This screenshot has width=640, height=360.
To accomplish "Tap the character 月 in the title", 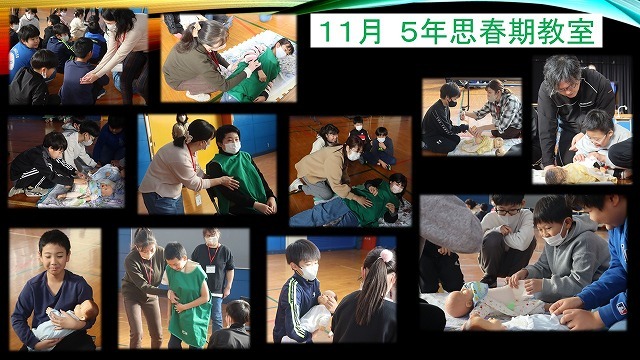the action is point(368,33).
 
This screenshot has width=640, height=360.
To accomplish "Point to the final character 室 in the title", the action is point(582,33).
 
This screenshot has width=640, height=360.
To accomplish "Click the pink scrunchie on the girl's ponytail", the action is point(386,256).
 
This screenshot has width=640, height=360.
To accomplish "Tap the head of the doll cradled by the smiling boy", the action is point(88,311).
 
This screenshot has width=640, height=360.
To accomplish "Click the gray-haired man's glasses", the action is point(568,87).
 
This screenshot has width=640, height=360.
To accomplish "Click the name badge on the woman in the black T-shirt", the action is point(211,269).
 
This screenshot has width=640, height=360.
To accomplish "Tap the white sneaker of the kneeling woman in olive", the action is point(198,97).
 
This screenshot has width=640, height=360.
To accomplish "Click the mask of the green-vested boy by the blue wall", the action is point(232,148).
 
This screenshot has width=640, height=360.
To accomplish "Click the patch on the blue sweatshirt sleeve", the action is point(621,308).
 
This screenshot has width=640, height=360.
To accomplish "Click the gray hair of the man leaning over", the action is point(562,69).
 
